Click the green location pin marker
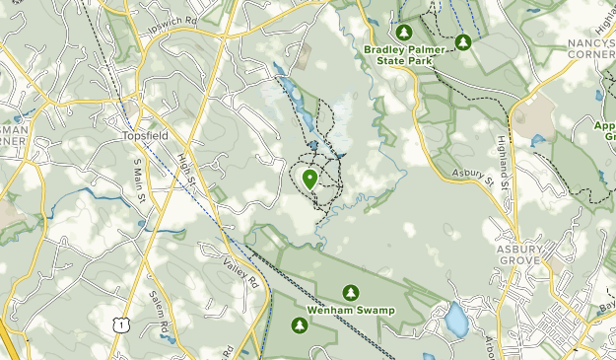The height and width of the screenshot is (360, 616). [310, 179]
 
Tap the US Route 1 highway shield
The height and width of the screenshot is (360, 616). [119, 324]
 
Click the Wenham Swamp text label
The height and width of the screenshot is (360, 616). [350, 311]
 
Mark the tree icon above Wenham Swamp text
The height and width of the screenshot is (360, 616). [350, 292]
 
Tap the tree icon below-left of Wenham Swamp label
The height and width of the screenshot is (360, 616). [299, 325]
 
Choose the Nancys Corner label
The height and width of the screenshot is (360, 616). [590, 49]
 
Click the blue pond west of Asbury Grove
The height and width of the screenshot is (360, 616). [455, 319]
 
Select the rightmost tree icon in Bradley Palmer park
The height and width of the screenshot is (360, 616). [463, 42]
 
